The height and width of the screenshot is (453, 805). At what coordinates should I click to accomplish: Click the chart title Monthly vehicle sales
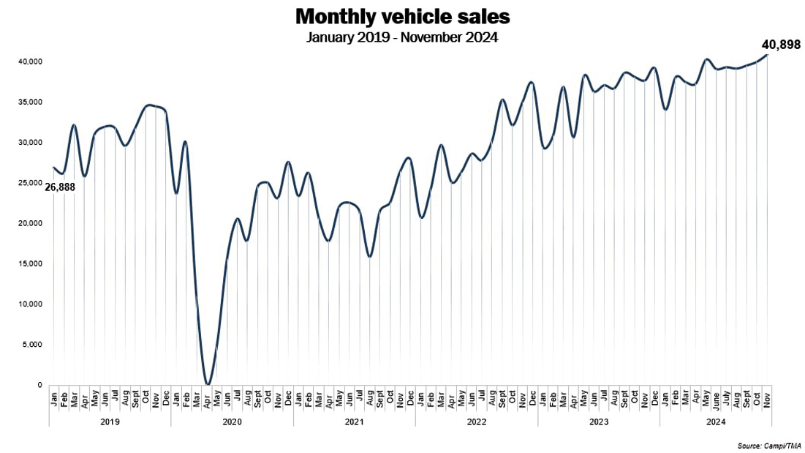coord(402,17)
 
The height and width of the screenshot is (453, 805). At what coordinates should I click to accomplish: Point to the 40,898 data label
coord(779,45)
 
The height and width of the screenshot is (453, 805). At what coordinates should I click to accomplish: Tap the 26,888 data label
coord(60,187)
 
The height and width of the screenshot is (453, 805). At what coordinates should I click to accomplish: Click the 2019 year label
coord(110,422)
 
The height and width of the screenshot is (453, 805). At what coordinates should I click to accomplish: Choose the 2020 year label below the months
coord(232,422)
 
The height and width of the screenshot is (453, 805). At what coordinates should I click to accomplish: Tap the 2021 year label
coord(354,422)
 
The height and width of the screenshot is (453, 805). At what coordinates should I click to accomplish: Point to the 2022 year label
coord(476,422)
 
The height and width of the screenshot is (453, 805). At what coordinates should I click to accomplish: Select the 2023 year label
coord(598,422)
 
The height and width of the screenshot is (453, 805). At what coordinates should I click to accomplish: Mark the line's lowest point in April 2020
coord(207,384)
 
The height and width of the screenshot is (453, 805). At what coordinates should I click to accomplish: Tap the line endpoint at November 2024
coord(766,55)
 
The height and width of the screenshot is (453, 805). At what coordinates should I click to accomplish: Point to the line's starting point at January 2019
coord(53,168)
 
